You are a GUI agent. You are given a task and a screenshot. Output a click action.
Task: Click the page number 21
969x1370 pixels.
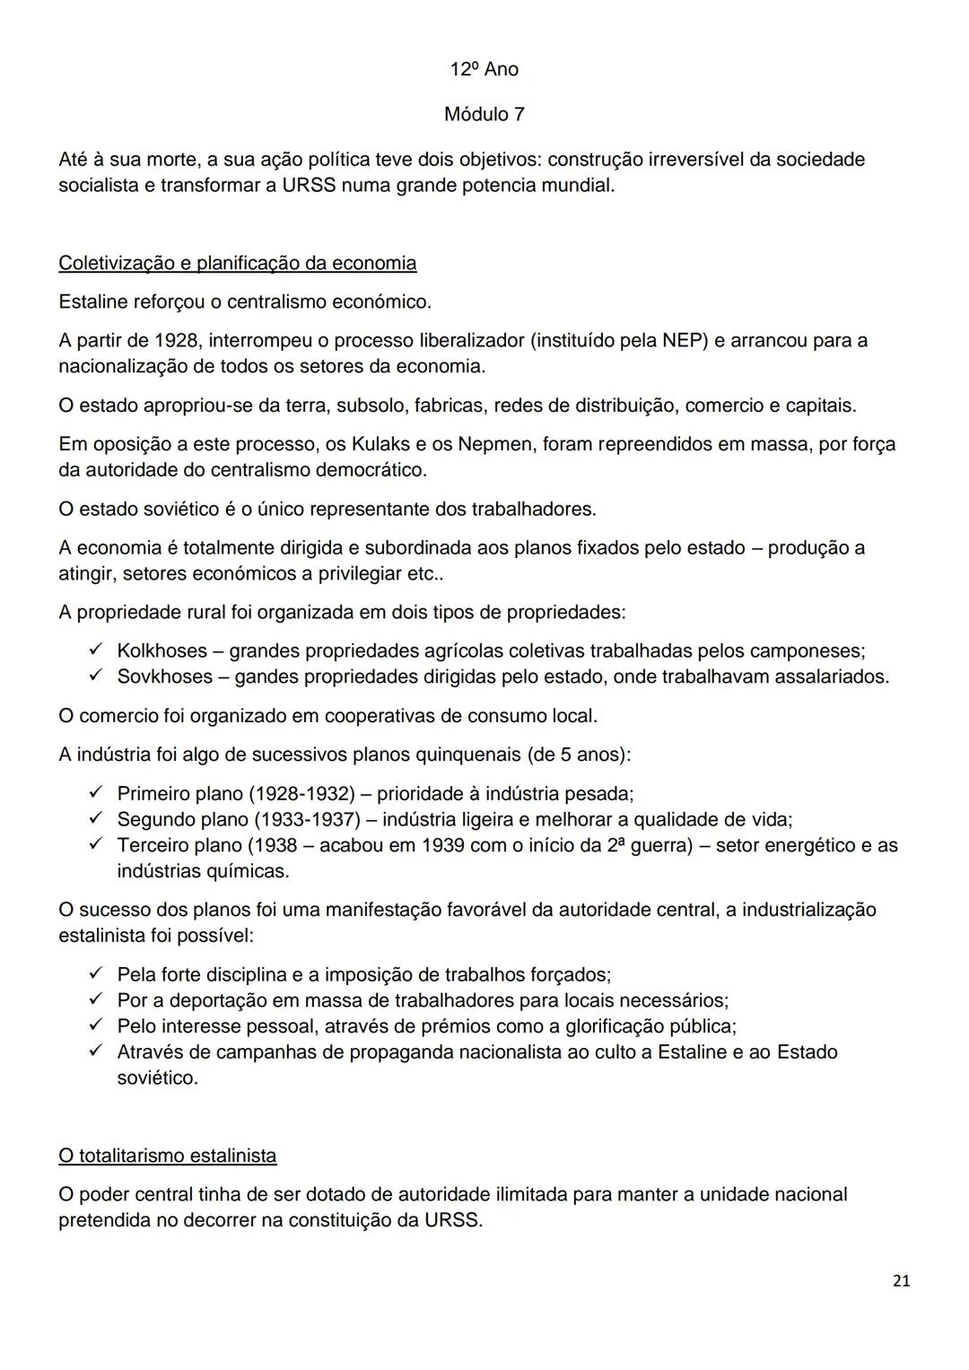coord(902,1281)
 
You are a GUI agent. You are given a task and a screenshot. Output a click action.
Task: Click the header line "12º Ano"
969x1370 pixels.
coord(484,69)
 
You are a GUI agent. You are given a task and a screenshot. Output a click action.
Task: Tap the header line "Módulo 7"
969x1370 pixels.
coord(484,114)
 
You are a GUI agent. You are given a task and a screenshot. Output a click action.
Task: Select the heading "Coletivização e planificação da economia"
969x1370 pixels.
coord(237,263)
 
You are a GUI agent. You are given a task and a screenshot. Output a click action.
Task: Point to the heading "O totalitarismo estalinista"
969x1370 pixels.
coord(167,1156)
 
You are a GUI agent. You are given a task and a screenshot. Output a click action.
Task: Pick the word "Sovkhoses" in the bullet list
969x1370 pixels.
coord(165,676)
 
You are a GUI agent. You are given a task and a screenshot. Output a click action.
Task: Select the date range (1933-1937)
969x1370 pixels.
coord(308,819)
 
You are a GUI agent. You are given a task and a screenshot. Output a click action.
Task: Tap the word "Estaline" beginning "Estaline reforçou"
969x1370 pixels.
coord(93,301)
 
